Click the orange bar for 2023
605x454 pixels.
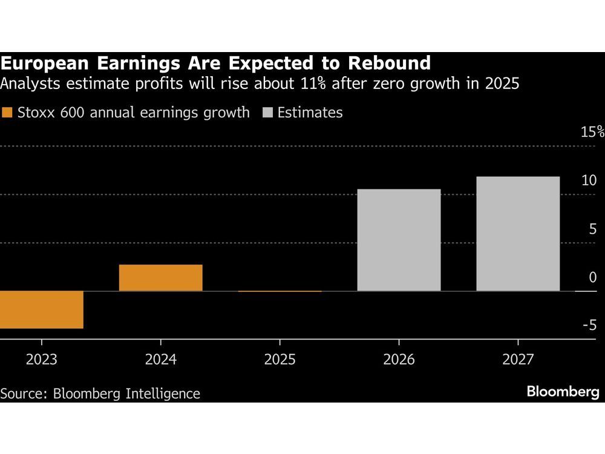coord(41,309)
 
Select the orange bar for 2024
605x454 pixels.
coord(160,278)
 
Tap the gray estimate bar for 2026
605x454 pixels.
coord(399,240)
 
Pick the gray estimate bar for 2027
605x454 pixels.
coord(518,234)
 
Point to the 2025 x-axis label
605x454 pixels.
coord(280,360)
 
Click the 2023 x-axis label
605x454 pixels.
coord(41,360)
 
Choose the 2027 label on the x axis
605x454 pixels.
coord(518,360)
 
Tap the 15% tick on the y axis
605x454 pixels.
coord(592,133)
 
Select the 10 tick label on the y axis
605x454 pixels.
coord(589,180)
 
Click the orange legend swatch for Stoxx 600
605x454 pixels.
coord(8,113)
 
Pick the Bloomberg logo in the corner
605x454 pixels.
coord(563,392)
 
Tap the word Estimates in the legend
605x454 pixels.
coord(310,113)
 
